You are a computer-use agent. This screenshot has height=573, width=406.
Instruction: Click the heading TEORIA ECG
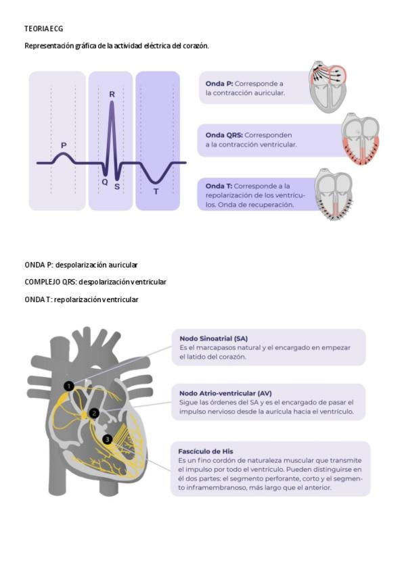pyautogui.click(x=44, y=29)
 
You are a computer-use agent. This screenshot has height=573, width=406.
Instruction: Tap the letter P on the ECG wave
pyautogui.click(x=64, y=145)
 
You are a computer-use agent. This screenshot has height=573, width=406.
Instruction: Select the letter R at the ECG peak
pyautogui.click(x=112, y=95)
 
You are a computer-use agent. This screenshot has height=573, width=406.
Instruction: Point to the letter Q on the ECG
pyautogui.click(x=105, y=182)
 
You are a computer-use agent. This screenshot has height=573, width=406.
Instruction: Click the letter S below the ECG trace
pyautogui.click(x=117, y=186)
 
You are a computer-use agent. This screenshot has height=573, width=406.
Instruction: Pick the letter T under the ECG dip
pyautogui.click(x=156, y=192)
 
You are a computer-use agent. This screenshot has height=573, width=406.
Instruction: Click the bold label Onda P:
pyautogui.click(x=219, y=84)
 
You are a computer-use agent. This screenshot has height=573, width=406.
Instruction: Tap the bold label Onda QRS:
pyautogui.click(x=224, y=134)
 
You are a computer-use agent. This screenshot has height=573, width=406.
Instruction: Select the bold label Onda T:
pyautogui.click(x=219, y=186)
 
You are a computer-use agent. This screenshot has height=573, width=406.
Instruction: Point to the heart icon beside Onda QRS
pyautogui.click(x=360, y=139)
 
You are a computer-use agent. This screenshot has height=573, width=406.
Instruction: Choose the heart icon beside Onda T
pyautogui.click(x=333, y=195)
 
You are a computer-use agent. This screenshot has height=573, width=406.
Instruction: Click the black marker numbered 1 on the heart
pyautogui.click(x=68, y=386)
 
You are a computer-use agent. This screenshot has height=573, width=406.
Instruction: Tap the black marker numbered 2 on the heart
pyautogui.click(x=95, y=413)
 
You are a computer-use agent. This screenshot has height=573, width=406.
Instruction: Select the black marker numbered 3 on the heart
pyautogui.click(x=107, y=439)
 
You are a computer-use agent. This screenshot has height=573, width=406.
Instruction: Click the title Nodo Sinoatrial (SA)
pyautogui.click(x=213, y=338)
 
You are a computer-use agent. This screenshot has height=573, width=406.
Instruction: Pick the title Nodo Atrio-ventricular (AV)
pyautogui.click(x=225, y=393)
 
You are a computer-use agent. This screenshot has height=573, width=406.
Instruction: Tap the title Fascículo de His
pyautogui.click(x=206, y=451)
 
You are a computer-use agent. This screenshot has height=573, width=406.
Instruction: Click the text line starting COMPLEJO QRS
pyautogui.click(x=95, y=282)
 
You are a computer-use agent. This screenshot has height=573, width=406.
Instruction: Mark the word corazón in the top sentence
pyautogui.click(x=195, y=46)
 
